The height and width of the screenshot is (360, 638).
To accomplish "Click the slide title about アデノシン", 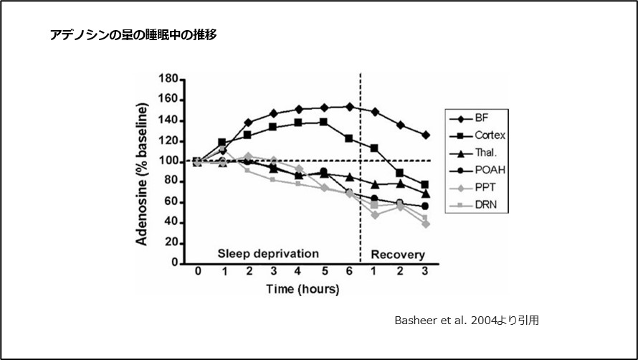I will click(133, 34).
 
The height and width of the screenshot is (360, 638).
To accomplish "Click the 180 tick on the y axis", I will click(169, 79).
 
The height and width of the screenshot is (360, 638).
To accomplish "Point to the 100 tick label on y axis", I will click(169, 161).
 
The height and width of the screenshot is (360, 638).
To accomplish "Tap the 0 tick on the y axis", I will click(175, 263).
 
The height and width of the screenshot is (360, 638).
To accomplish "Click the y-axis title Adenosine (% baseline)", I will click(142, 172).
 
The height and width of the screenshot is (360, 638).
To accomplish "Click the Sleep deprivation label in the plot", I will click(268, 253).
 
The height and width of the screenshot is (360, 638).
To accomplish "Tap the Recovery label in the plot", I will click(397, 255).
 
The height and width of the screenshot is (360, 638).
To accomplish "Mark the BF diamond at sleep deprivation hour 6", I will click(349, 106).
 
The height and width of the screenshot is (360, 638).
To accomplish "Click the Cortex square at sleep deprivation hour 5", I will click(324, 122).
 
